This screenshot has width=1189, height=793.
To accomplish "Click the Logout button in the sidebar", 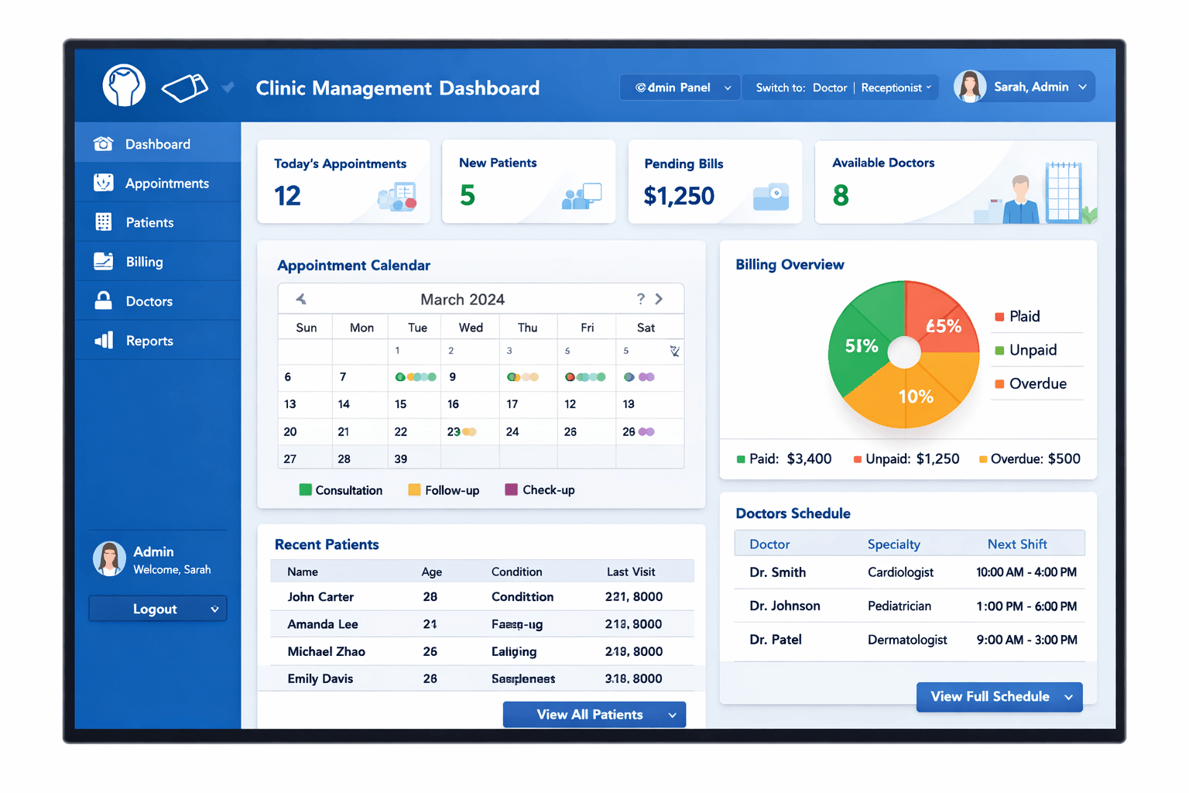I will click(157, 609).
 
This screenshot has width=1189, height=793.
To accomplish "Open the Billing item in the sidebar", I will click(144, 262).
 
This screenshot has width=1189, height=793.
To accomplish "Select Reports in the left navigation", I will click(149, 341).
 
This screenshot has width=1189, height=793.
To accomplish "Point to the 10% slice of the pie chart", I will click(915, 396).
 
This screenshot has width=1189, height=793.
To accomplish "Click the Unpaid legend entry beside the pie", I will click(1033, 350).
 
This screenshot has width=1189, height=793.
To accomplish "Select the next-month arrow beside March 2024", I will click(659, 299).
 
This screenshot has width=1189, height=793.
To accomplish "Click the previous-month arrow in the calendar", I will click(301, 299).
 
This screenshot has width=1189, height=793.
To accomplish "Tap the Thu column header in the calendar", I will click(527, 328).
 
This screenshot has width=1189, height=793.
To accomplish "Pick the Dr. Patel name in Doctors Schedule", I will click(775, 640).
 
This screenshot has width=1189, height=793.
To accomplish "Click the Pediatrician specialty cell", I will click(899, 606).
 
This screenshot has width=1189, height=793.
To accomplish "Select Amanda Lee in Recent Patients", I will click(322, 624).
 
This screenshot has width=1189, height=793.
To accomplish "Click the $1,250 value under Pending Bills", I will click(679, 197).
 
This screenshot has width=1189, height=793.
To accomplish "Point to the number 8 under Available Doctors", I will click(841, 195).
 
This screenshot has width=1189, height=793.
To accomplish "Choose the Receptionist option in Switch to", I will click(892, 88).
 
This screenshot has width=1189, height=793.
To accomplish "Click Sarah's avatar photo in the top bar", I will click(969, 87).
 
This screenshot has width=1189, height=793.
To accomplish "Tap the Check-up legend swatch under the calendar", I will click(511, 489).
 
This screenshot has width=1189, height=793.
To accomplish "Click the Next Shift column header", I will click(1016, 544).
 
